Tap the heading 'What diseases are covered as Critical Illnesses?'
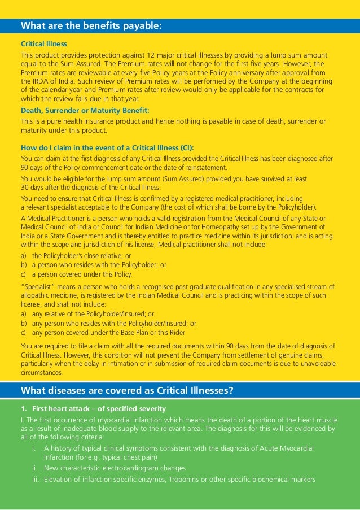[127, 390]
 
